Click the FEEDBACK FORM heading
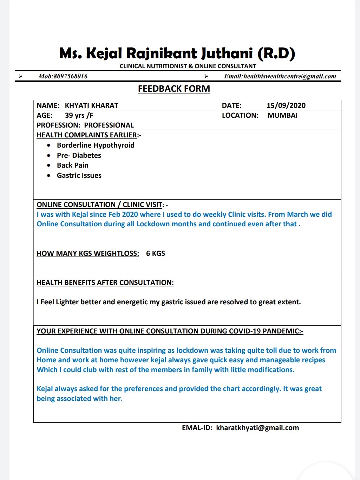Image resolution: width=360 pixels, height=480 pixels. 174,89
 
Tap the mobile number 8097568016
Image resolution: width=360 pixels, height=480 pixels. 70,76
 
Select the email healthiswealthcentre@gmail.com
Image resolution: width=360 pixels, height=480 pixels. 290,76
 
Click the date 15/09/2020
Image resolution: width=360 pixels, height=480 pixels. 286,105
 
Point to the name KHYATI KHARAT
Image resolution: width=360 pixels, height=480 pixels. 91,105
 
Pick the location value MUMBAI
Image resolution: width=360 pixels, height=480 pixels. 282,115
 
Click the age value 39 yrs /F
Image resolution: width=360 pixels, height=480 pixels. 79,115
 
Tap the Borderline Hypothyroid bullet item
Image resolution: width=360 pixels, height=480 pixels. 96,145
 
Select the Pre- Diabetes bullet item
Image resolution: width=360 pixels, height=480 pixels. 79,155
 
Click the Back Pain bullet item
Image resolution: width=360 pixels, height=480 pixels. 73,165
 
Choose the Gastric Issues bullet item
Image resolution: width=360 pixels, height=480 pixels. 79,175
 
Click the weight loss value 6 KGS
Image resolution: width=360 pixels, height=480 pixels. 155,253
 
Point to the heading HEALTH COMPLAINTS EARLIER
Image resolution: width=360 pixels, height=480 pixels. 87,135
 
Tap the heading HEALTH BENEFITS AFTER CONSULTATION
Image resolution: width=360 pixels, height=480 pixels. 105,283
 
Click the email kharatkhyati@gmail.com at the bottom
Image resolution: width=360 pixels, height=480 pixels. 257,428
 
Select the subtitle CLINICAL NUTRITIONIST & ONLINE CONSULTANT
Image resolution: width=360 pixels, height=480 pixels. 188,66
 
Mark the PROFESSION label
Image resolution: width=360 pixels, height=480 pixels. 58,125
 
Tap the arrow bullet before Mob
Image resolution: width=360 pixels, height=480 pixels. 20,76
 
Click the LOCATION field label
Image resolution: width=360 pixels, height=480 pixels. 240,115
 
